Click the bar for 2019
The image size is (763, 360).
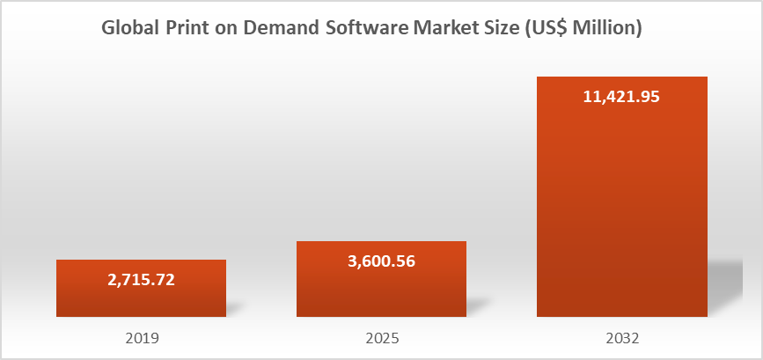coord(141,299)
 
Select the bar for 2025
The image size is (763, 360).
coord(381,290)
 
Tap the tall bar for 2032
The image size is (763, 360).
coord(621,211)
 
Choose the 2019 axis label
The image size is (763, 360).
coord(141,337)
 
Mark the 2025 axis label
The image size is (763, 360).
coord(381,337)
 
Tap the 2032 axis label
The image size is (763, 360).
coord(621,337)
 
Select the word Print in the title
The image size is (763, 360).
coord(195,28)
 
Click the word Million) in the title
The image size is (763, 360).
coord(613,28)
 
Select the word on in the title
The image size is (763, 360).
coord(234,28)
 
